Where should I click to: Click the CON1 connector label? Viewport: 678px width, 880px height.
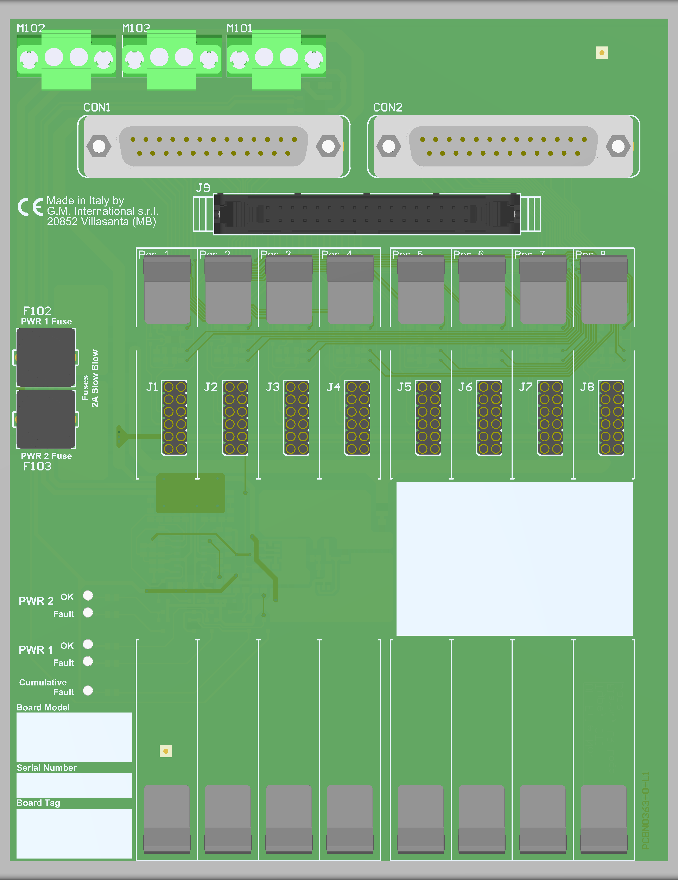pyautogui.click(x=97, y=107)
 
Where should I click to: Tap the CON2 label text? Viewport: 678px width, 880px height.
pyautogui.click(x=388, y=107)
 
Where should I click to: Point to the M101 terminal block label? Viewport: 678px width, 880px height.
pyautogui.click(x=239, y=28)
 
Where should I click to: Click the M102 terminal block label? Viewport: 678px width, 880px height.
pyautogui.click(x=31, y=28)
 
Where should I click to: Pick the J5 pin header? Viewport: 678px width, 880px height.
pyautogui.click(x=428, y=417)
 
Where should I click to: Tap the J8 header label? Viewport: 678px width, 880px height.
pyautogui.click(x=587, y=387)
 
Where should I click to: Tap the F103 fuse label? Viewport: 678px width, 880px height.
pyautogui.click(x=37, y=467)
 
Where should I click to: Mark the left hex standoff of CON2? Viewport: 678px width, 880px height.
pyautogui.click(x=388, y=146)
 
